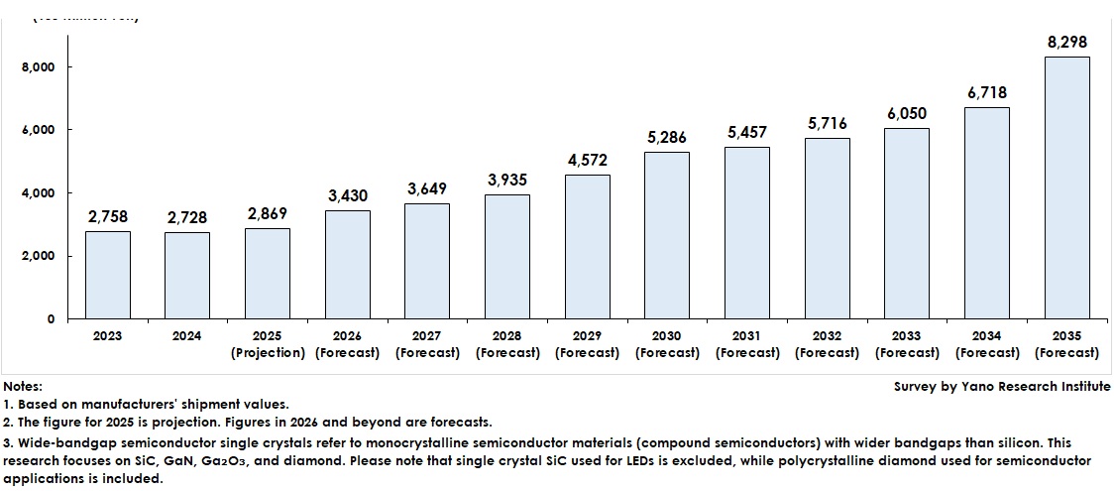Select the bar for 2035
point(1067,187)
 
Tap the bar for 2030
point(667,235)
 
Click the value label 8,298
point(1067,43)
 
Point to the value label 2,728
point(187,217)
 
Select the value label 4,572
point(587,160)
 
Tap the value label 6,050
point(907,114)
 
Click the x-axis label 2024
point(186,336)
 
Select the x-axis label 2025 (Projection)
point(267,344)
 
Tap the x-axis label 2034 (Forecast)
point(987,344)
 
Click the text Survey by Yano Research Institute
point(1001,387)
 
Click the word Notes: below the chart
point(23,387)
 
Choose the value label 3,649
point(427,188)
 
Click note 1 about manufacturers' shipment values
point(146,404)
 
